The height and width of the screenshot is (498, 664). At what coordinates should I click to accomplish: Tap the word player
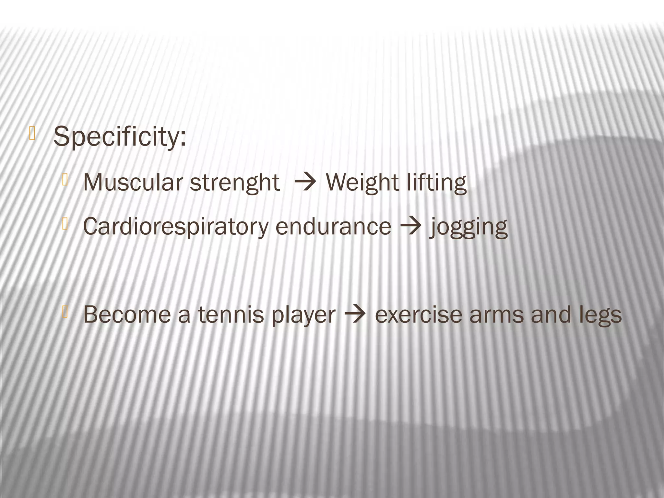click(303, 316)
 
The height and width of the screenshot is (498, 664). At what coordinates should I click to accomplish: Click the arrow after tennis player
click(355, 314)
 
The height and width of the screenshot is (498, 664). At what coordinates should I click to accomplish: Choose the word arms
click(496, 315)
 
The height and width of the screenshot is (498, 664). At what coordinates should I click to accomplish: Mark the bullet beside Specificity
click(32, 134)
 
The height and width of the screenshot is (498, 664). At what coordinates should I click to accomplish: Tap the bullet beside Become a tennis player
click(65, 312)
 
